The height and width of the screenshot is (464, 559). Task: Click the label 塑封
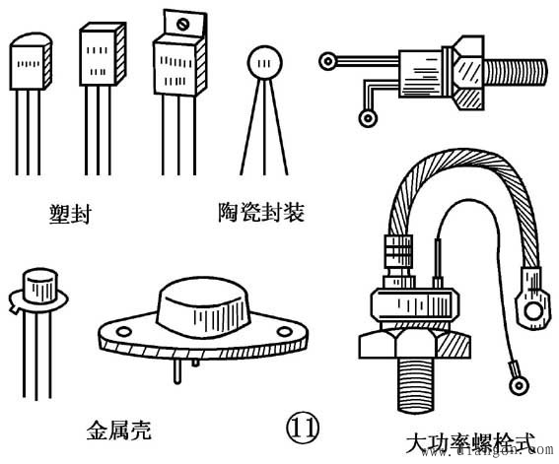70,214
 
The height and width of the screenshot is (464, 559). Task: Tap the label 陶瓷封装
261,213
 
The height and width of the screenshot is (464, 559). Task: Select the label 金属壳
119,430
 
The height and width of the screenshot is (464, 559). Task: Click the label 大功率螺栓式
470,442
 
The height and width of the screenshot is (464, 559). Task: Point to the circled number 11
303,428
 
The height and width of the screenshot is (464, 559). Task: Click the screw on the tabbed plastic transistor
183,24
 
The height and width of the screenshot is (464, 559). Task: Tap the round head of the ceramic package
265,62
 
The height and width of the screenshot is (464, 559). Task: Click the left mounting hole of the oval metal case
123,332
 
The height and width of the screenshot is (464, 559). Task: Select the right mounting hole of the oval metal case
285,332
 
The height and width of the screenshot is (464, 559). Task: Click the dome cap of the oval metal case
202,308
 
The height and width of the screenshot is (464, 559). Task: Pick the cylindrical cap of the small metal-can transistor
39,287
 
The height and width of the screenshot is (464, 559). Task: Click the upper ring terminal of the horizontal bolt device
327,61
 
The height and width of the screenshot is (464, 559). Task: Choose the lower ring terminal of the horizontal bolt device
368,118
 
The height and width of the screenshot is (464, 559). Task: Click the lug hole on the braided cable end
533,311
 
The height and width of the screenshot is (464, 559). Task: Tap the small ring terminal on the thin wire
519,385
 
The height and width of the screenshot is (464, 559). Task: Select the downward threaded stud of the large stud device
417,385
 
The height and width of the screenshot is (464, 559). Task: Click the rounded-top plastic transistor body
31,61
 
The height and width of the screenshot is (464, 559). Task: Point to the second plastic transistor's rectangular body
103,54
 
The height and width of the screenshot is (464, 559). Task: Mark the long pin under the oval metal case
177,371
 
